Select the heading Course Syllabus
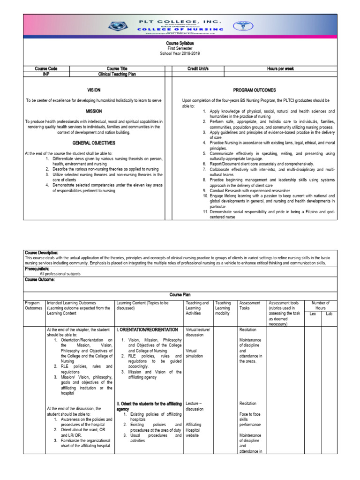pos(180,43)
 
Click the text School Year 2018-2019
pos(180,54)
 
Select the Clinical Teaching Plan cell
pos(117,74)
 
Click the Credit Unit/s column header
pos(197,69)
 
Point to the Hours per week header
pos(280,69)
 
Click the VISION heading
pos(94,90)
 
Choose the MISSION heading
pos(94,112)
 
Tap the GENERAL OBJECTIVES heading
pos(94,142)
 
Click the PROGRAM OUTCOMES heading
pos(255,90)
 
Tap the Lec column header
pos(313,314)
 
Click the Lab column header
pos(329,314)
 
